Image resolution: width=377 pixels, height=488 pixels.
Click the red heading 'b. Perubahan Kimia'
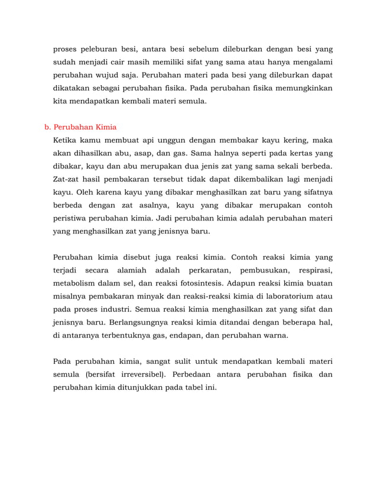80,127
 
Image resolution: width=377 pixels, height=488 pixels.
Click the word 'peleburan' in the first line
107,50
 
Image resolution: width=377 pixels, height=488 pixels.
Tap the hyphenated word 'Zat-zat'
67,179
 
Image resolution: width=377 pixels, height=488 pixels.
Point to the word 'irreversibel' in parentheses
138,375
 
